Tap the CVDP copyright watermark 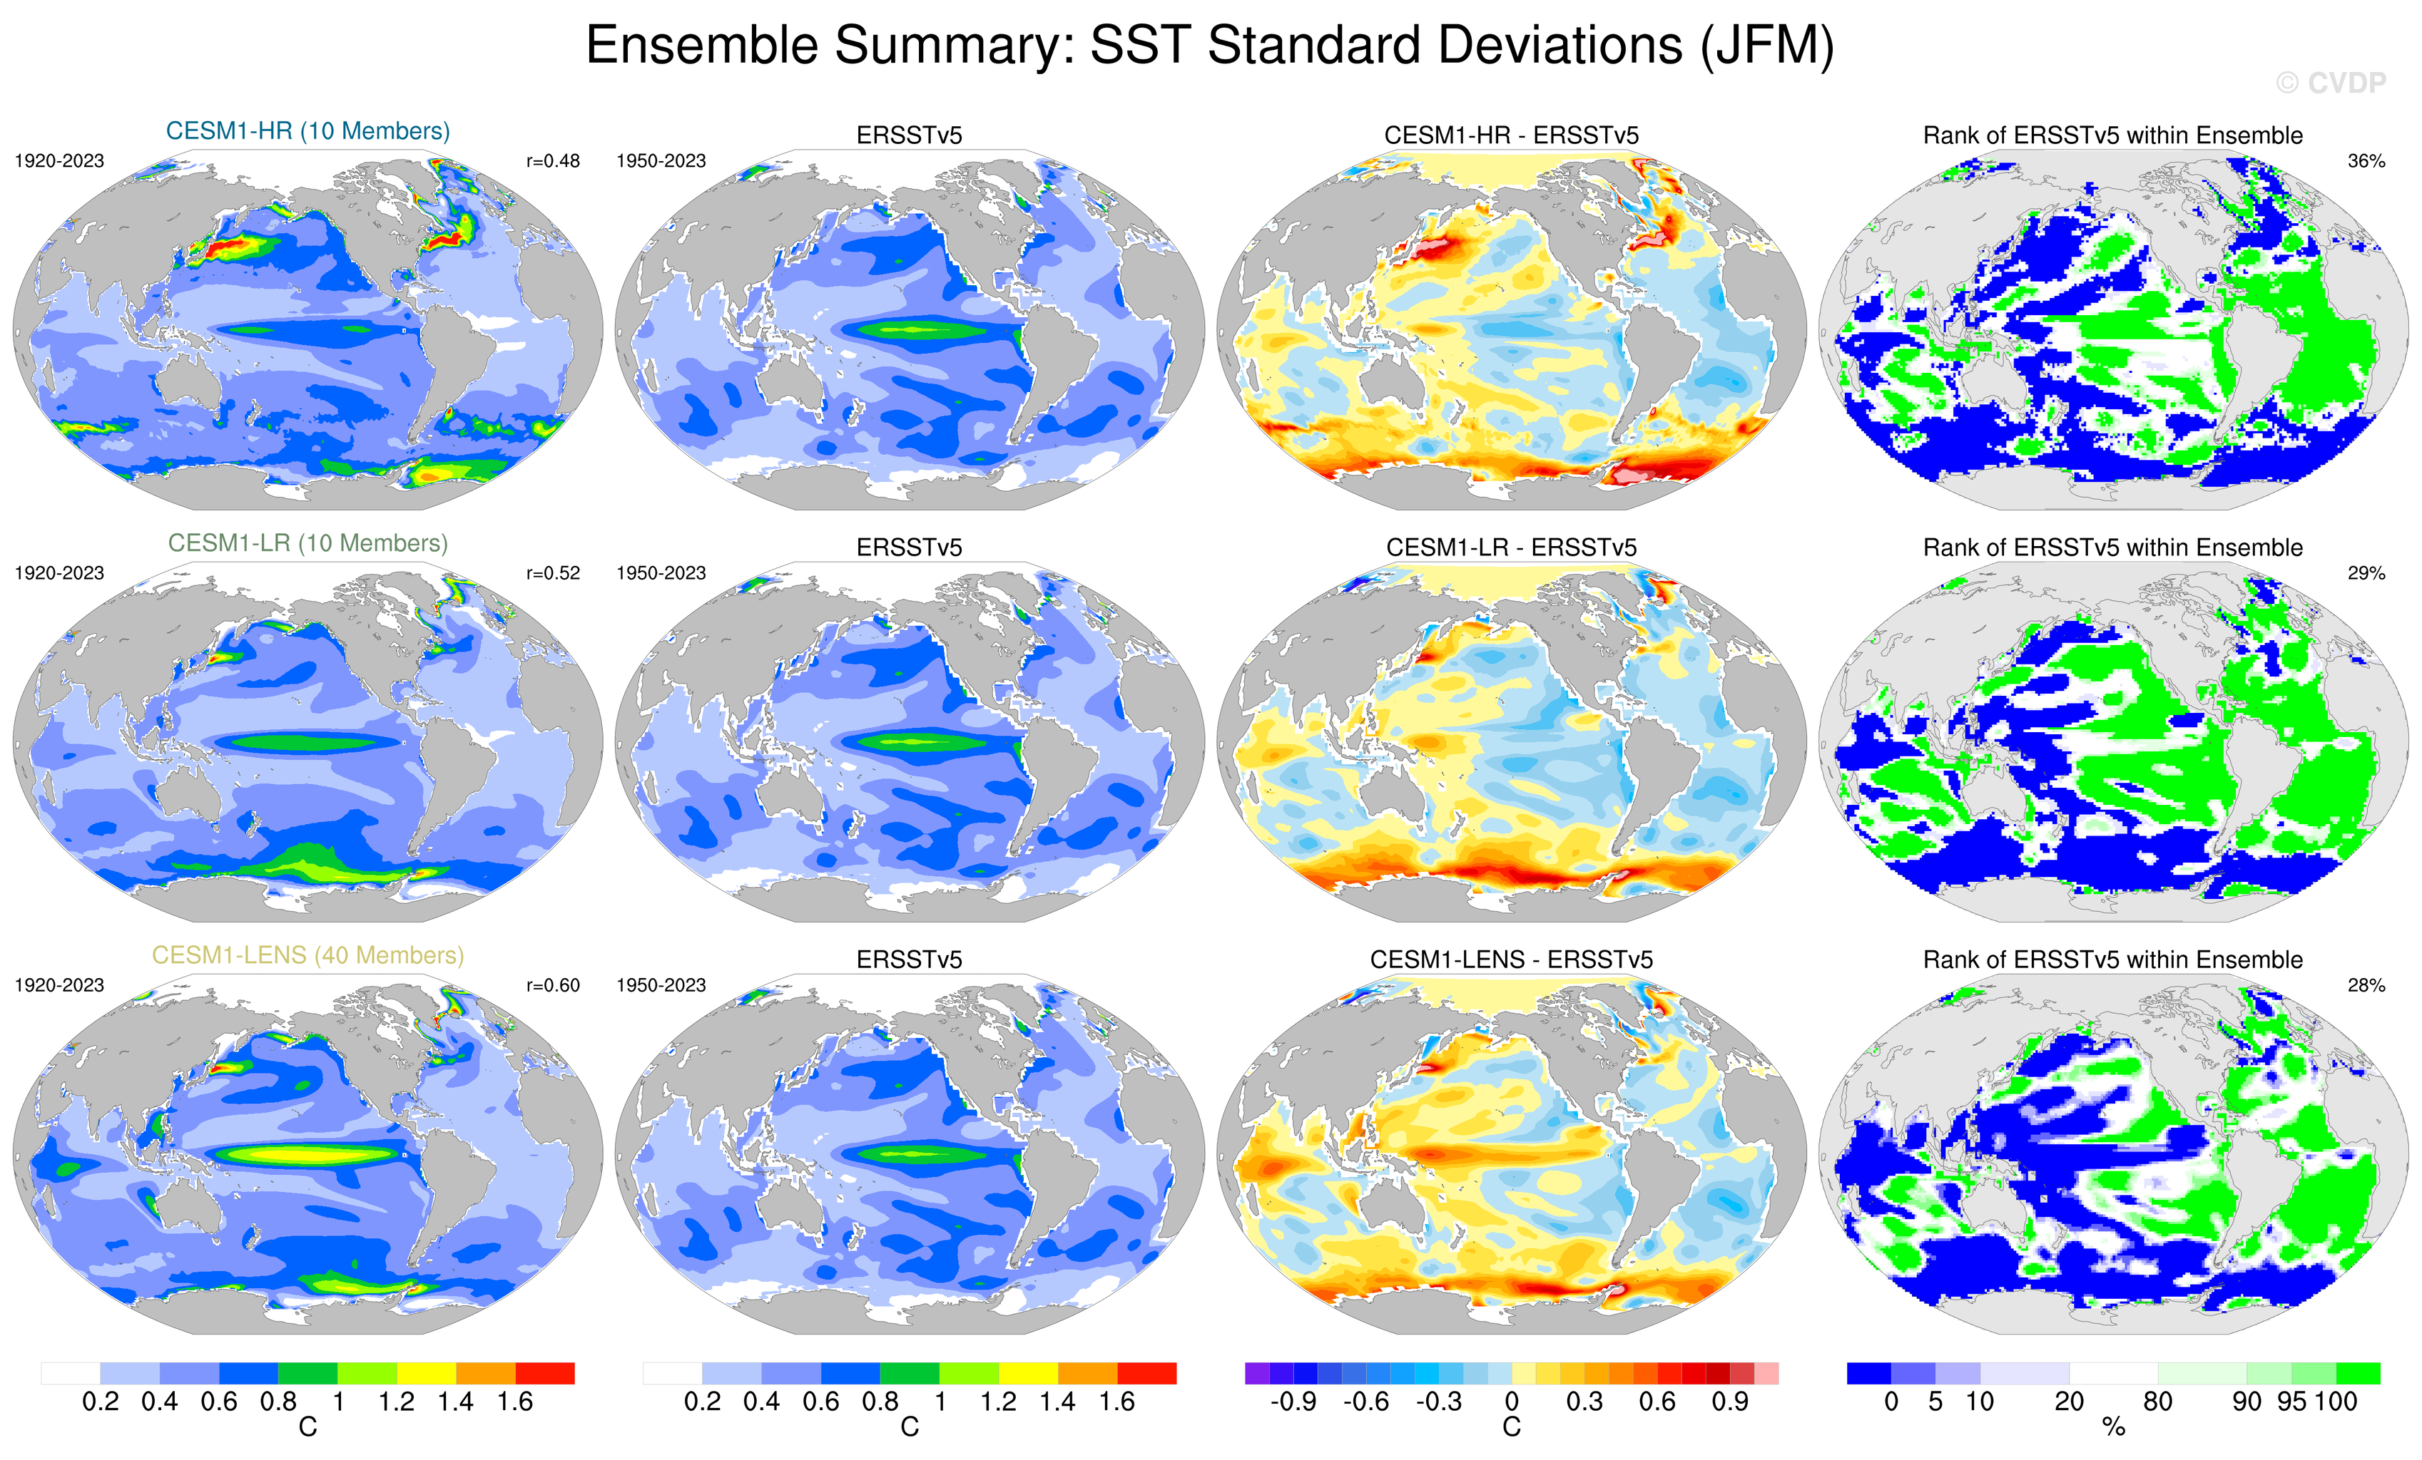click(2331, 83)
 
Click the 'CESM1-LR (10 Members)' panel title click(307, 543)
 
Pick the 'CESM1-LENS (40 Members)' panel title click(307, 955)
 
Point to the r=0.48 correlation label click(552, 161)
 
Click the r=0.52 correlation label click(552, 572)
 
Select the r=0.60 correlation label click(552, 985)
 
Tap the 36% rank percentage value click(2366, 161)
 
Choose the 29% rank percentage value click(2366, 572)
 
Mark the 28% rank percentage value click(2366, 985)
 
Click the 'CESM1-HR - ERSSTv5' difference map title click(1511, 135)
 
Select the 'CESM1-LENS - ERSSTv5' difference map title click(1511, 960)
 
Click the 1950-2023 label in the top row click(661, 161)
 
